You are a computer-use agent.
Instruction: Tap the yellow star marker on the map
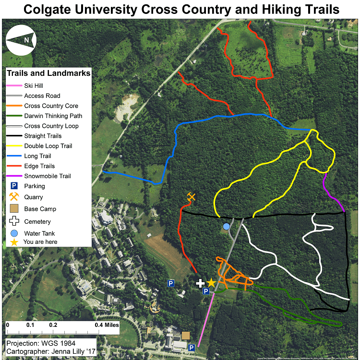coord(211,283)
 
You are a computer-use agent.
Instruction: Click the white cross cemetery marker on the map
coord(201,283)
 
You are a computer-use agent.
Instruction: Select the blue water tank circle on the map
coord(227,226)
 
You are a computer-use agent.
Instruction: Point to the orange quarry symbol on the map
coord(192,197)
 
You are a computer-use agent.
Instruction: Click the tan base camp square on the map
coord(186,335)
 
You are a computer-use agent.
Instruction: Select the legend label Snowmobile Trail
coord(47,176)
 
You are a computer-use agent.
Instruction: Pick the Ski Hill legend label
coord(34,85)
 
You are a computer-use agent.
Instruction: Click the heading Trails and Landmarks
coord(48,73)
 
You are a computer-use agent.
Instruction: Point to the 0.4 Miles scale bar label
coord(107,325)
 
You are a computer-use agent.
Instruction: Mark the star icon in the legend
coord(14,242)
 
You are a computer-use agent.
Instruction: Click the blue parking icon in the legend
coord(14,186)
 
